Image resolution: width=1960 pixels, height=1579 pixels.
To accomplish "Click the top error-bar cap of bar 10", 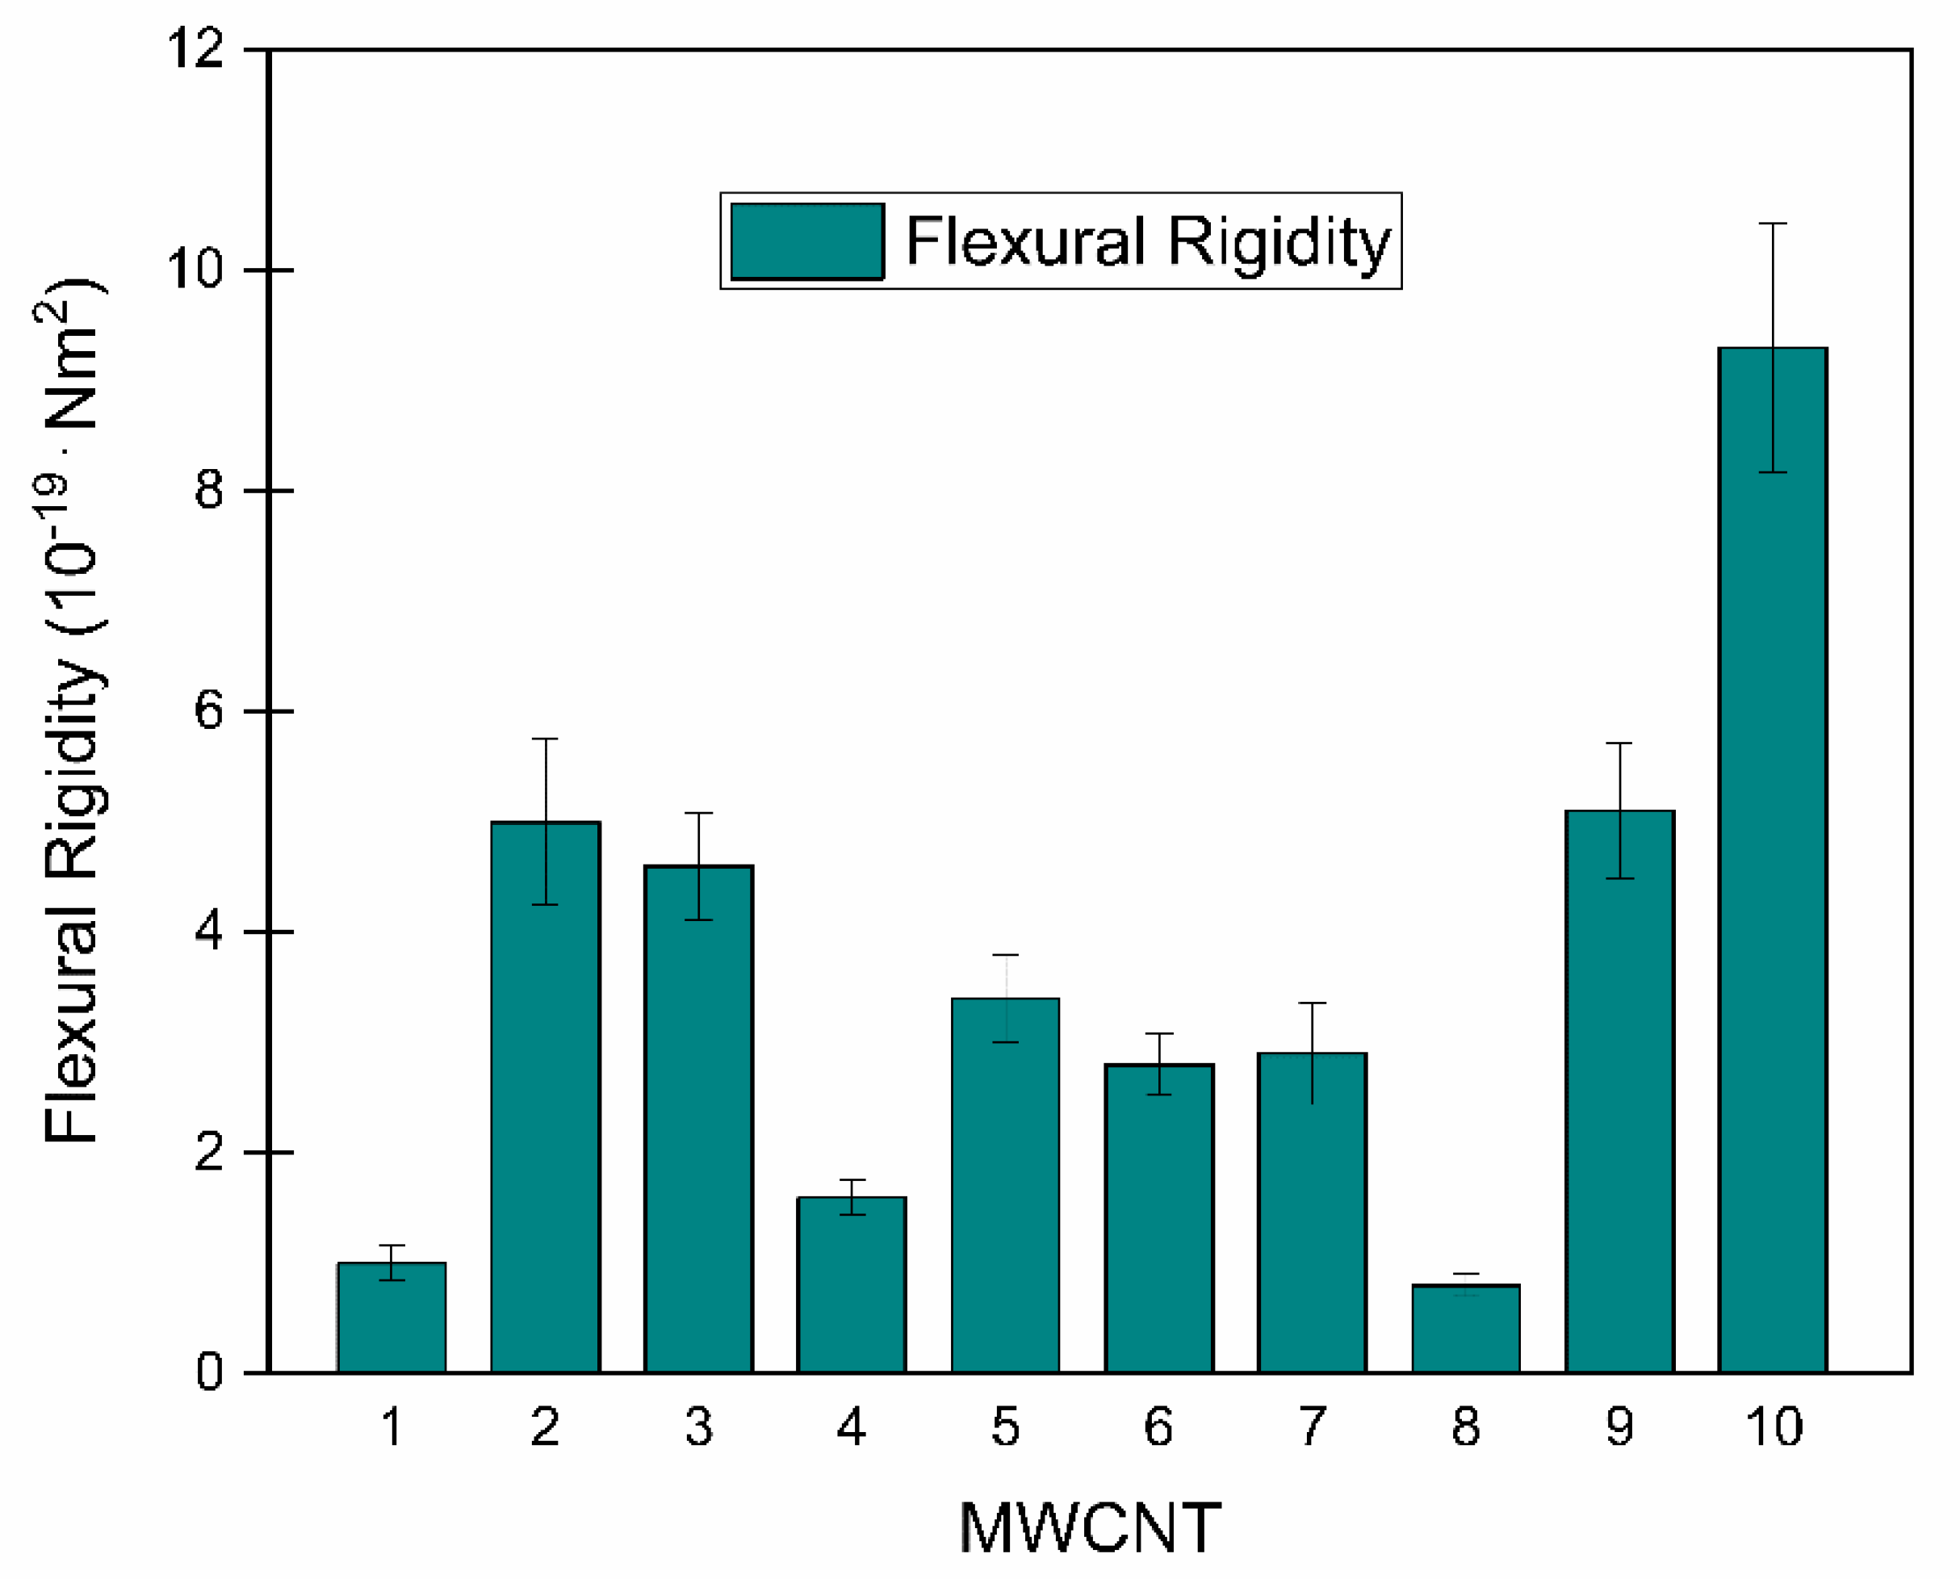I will pos(1772,224).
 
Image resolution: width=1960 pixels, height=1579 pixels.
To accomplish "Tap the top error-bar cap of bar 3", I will pos(698,813).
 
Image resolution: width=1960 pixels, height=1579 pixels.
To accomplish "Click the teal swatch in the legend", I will pos(806,241).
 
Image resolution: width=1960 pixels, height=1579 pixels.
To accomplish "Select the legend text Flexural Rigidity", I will pos(1148,243).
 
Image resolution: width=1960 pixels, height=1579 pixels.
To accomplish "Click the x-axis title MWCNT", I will pos(1090,1528).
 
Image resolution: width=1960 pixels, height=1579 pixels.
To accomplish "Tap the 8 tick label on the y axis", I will pos(209,490).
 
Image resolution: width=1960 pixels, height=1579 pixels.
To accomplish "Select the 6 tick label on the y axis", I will pos(209,711).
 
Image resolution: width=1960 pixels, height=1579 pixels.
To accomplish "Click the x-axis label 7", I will pos(1312,1426).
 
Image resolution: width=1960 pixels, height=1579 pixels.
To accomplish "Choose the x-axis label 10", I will pos(1774,1426).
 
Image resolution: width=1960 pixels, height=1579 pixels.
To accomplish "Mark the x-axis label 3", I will pos(698,1426).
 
